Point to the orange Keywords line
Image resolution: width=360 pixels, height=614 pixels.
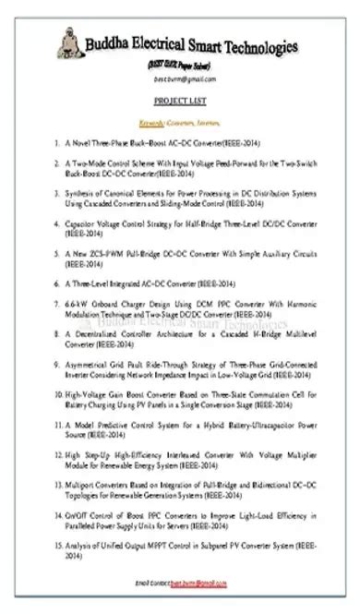click(x=181, y=121)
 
